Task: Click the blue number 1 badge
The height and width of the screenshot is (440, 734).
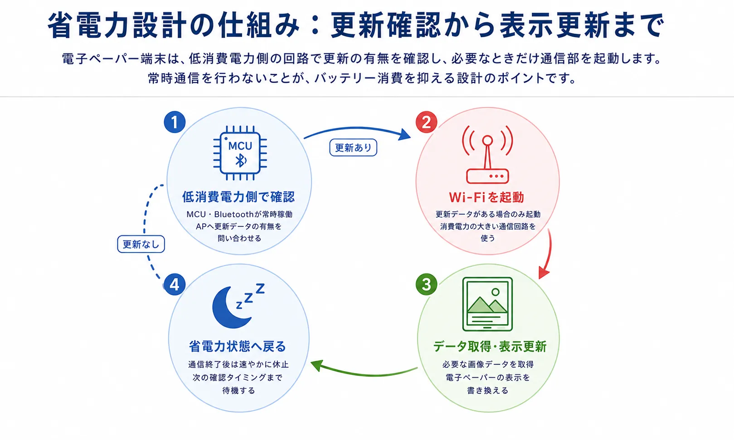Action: (175, 122)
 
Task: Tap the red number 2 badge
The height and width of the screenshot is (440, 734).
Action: (426, 122)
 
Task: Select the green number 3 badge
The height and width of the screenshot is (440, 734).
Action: (426, 284)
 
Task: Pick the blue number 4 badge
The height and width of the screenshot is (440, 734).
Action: (175, 284)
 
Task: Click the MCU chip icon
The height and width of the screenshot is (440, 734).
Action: (240, 153)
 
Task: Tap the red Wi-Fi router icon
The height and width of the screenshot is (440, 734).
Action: (487, 154)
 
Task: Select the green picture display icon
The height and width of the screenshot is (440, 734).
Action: (487, 304)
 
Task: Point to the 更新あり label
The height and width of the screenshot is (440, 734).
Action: (353, 148)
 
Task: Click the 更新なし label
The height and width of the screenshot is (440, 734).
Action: (141, 244)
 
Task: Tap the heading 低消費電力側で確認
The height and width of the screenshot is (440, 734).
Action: (238, 197)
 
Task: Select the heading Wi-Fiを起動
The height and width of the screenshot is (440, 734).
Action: (486, 197)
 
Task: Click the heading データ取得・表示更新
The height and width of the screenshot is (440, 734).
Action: (490, 346)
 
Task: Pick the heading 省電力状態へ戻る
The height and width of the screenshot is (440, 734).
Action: (238, 346)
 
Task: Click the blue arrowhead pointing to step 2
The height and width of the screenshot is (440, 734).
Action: (405, 134)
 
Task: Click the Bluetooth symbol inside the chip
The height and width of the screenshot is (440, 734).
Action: (241, 160)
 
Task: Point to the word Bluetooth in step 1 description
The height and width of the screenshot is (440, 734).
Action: (234, 214)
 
